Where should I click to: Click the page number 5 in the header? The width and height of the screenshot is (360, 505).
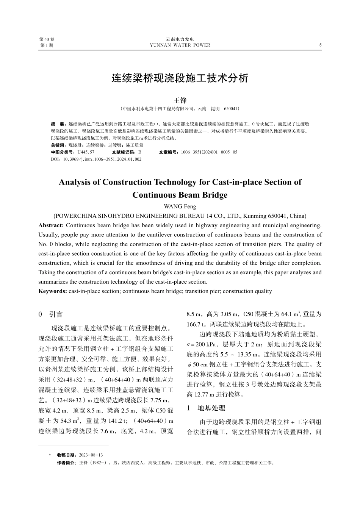click(320, 45)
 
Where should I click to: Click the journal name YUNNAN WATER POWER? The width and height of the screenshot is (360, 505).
click(180, 45)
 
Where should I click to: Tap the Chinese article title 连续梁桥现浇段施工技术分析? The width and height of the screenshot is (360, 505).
click(180, 78)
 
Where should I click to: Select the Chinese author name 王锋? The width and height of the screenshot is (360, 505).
click(180, 100)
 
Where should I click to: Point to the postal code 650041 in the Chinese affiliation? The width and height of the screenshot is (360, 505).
click(231, 109)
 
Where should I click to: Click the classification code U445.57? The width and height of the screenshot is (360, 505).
click(86, 152)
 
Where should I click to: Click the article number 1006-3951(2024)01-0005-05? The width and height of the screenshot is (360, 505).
click(209, 152)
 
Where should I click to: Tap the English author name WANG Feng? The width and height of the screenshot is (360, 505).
click(180, 206)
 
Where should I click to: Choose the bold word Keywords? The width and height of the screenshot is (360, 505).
click(53, 291)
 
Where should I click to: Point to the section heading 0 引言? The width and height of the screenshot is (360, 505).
click(51, 314)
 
